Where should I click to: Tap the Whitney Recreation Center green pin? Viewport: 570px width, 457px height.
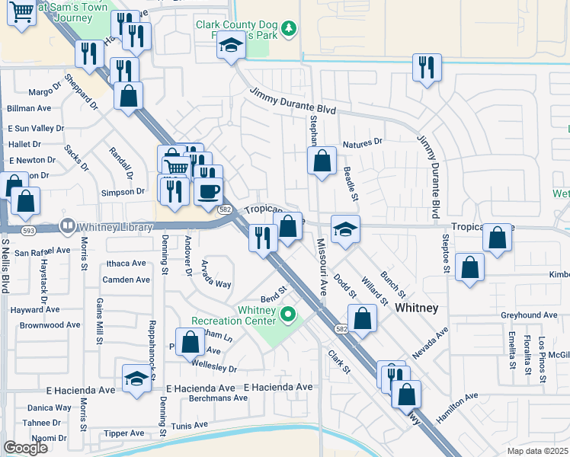tap(288, 313)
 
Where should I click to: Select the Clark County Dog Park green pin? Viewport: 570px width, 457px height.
tap(288, 30)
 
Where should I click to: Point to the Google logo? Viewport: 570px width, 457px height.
tap(25, 448)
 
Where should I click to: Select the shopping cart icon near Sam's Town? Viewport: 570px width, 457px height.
tap(21, 11)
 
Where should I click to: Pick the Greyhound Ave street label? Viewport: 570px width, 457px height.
tap(529, 315)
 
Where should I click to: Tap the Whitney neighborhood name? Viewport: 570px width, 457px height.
tap(417, 307)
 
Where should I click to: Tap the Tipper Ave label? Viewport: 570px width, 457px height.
tap(123, 433)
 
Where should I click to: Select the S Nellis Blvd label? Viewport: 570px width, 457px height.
tap(5, 267)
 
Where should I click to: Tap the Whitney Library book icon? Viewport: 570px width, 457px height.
tap(68, 225)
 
